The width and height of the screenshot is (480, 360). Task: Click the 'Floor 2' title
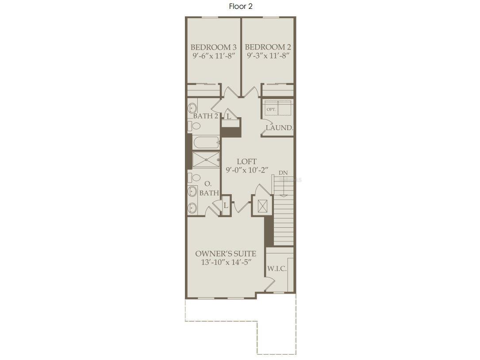[241, 6]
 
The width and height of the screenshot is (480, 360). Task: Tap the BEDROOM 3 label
[213, 47]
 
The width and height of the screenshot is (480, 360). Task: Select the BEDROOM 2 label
[268, 47]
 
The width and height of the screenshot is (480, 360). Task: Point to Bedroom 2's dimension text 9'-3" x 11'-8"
[268, 56]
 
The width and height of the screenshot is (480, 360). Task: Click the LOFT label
[246, 162]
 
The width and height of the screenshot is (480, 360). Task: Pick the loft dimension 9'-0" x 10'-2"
[246, 170]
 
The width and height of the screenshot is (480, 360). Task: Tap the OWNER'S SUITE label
[226, 254]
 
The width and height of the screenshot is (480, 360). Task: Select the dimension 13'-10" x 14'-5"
[226, 262]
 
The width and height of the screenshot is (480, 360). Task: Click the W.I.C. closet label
[277, 269]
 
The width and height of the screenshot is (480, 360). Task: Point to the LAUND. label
[279, 128]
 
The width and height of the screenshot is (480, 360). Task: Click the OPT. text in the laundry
[271, 109]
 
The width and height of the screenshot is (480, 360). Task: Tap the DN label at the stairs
[283, 173]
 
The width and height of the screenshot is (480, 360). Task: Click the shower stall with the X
[206, 160]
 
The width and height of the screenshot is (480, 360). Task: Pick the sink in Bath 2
[193, 107]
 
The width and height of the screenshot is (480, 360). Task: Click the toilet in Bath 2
[195, 126]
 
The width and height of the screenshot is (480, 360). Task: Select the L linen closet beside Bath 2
[229, 117]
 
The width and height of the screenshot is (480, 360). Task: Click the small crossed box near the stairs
[262, 206]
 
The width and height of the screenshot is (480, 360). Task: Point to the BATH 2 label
[205, 116]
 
